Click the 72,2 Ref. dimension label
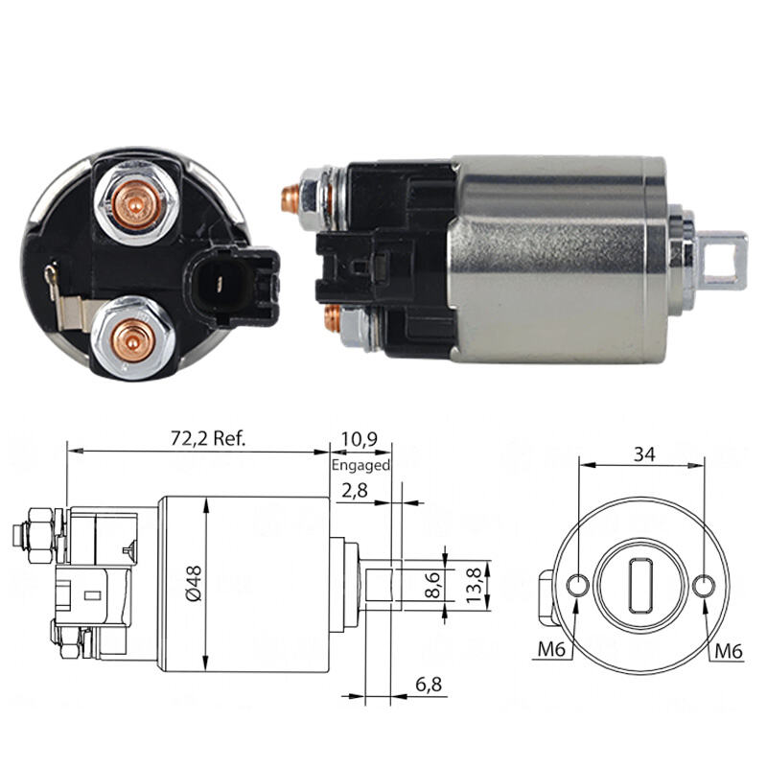(208, 438)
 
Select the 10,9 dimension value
(360, 439)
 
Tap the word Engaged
(361, 465)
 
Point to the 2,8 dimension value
(355, 490)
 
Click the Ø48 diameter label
(194, 583)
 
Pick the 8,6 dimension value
(433, 585)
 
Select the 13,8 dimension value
(473, 586)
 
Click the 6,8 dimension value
(429, 685)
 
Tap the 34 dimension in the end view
(643, 453)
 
